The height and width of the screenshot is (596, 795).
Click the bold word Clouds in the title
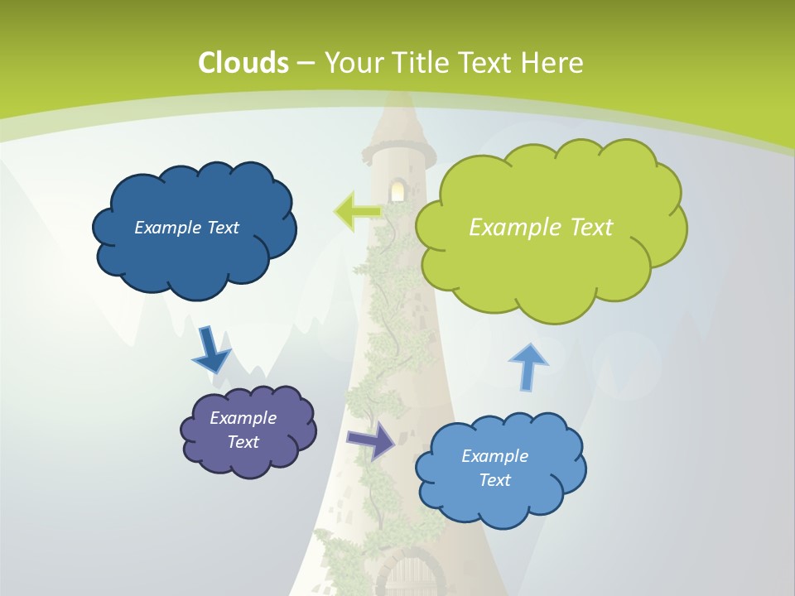(x=243, y=63)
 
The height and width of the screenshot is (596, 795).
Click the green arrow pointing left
(x=357, y=210)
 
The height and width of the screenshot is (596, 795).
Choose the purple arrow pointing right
(x=372, y=440)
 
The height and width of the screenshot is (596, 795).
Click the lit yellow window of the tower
(x=397, y=191)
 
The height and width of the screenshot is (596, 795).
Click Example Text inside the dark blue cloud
(x=186, y=228)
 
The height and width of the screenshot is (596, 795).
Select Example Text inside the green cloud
(x=541, y=228)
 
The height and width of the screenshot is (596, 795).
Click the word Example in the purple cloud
(x=243, y=418)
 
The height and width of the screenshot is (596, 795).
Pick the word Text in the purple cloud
(x=243, y=442)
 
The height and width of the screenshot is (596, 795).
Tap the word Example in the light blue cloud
(x=494, y=456)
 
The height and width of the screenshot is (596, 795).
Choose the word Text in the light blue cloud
(x=495, y=480)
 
